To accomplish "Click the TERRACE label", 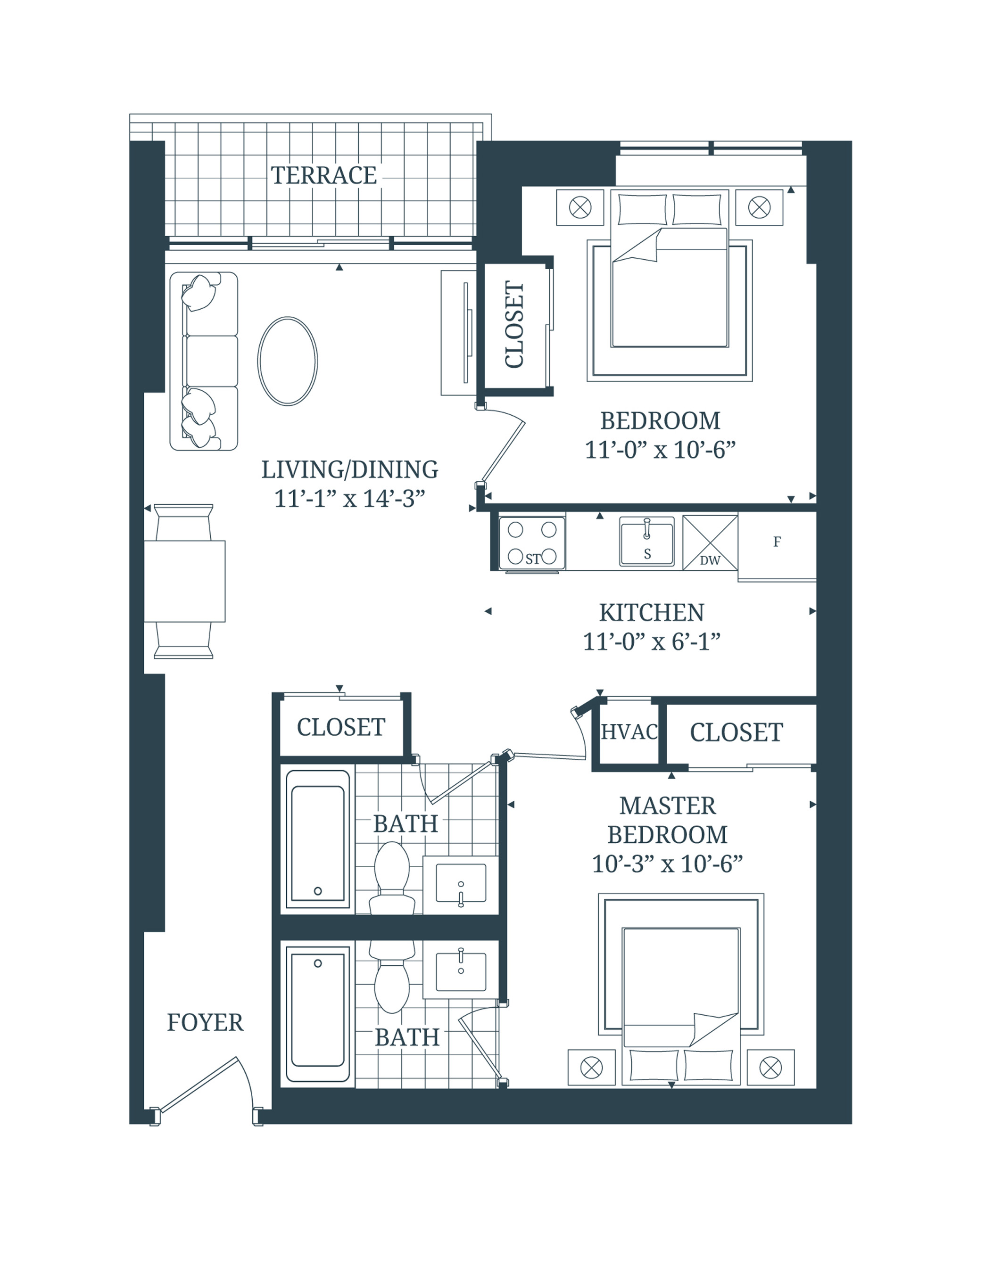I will point(323,175).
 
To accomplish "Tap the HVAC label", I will point(629,732).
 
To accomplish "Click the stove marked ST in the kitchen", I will point(531,543).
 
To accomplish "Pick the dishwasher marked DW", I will point(710,543).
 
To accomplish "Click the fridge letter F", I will point(777,542).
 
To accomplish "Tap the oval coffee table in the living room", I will point(287,361).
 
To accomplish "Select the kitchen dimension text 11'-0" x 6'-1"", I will point(651,641).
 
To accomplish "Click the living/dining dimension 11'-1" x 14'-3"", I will point(349,499).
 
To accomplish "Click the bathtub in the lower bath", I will point(317,1016).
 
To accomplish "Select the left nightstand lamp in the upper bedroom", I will point(579,207).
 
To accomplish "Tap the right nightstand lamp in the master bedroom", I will point(770,1068).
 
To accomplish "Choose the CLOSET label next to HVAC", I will point(737,732).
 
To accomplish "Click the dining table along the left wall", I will point(184,581).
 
